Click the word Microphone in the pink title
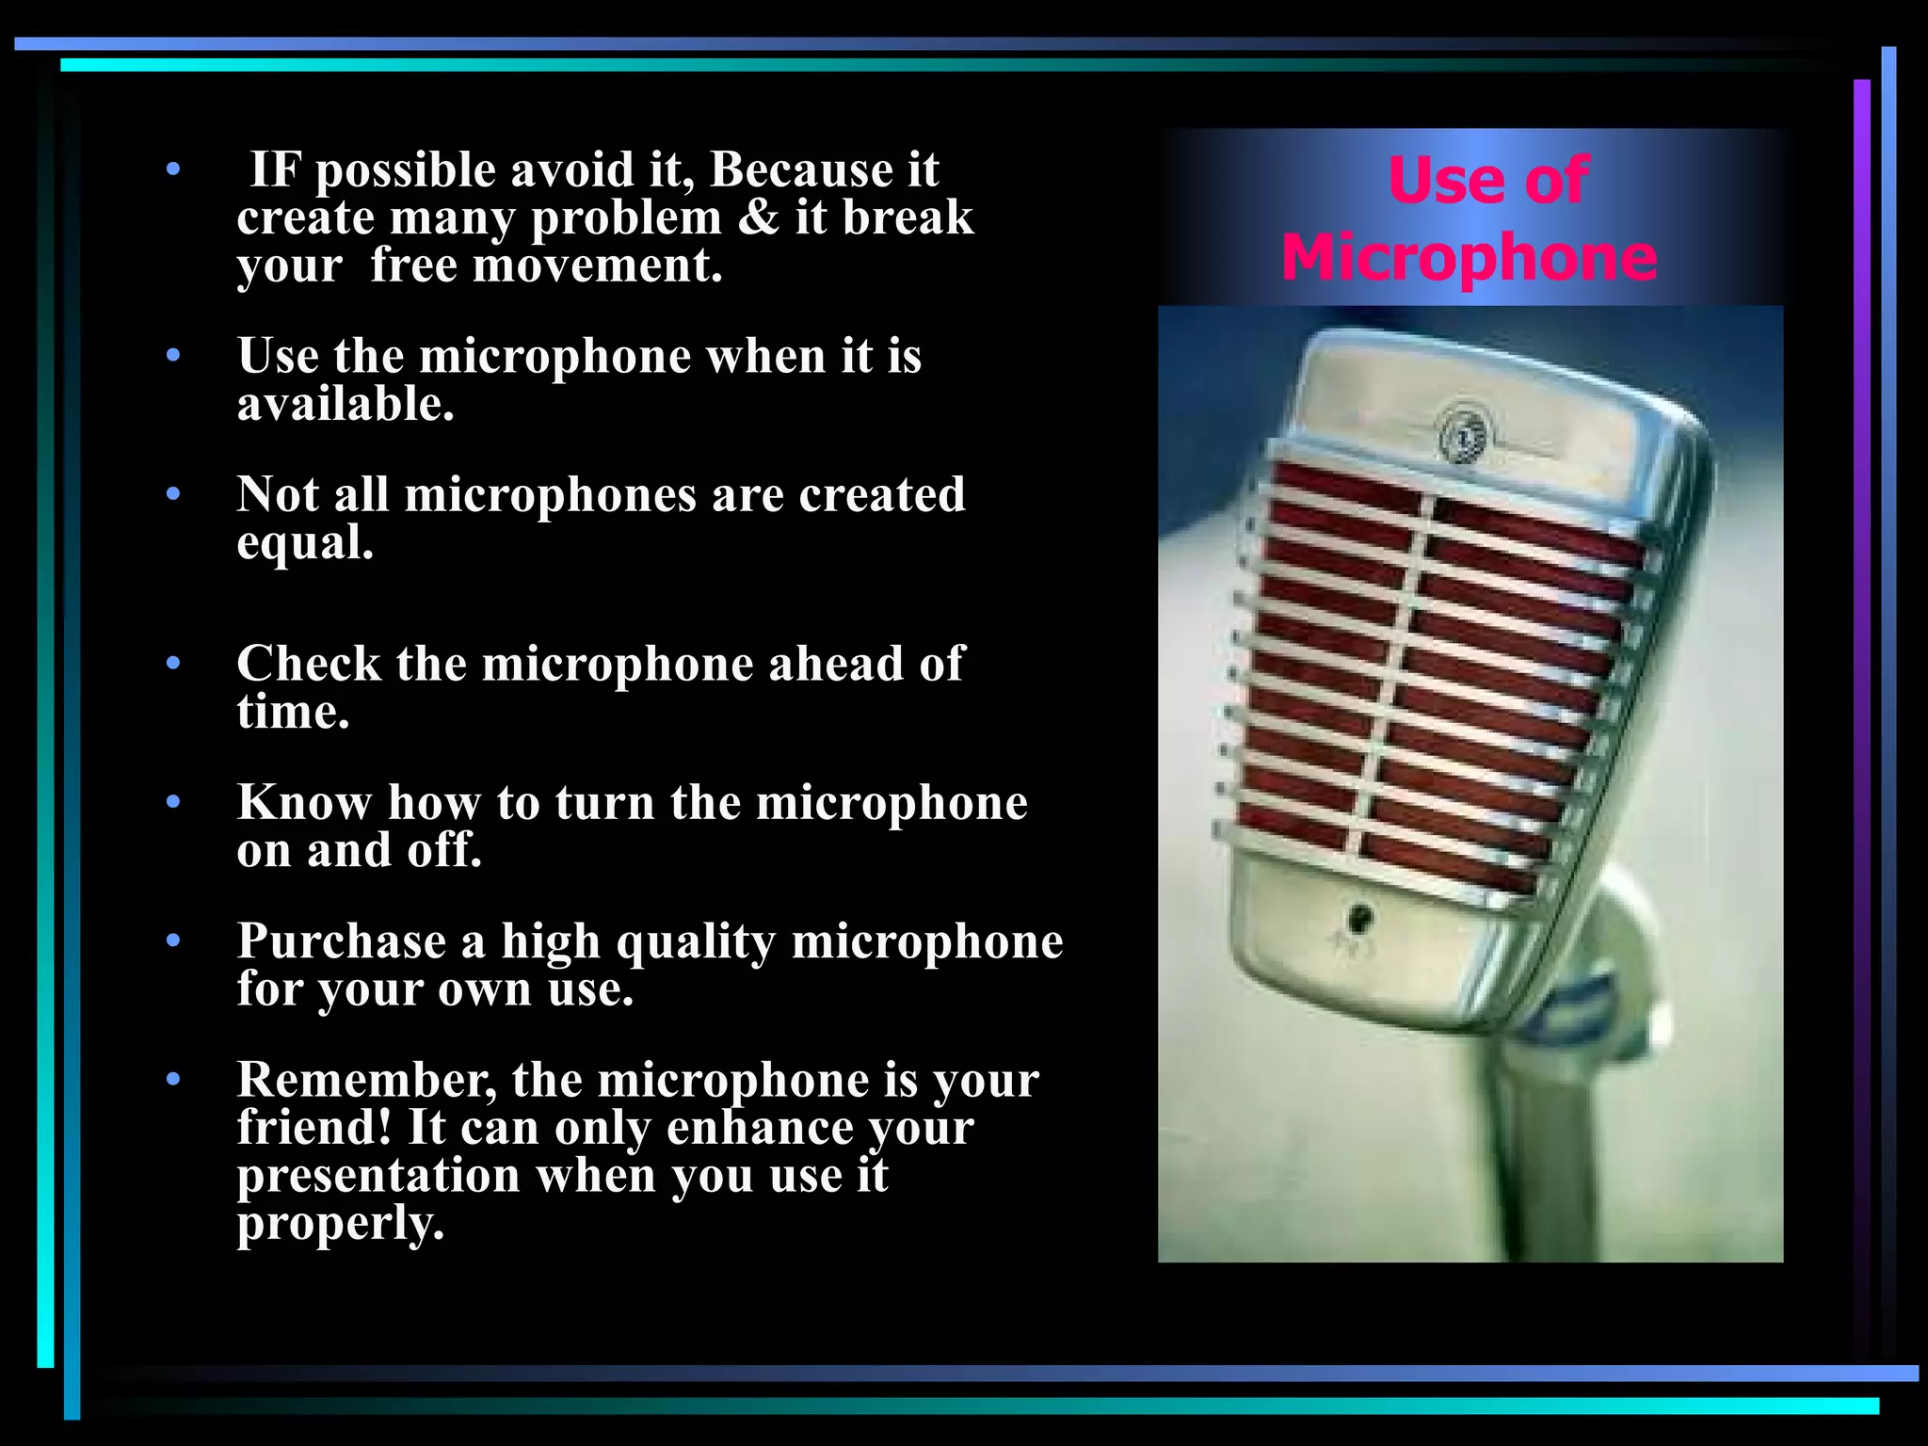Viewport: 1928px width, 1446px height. [x=1469, y=258]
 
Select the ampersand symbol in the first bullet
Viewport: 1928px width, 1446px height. [x=759, y=217]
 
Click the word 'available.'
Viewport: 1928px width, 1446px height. [x=345, y=405]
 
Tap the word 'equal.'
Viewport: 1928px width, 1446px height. [x=305, y=543]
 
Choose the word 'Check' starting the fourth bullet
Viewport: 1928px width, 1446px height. [x=309, y=664]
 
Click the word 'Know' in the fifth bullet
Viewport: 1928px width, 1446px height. [x=304, y=802]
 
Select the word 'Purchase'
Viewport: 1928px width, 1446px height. [x=342, y=940]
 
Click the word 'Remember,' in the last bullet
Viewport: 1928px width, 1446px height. [x=366, y=1080]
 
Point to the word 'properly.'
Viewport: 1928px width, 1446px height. [x=340, y=1224]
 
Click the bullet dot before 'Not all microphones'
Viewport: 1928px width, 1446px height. [x=172, y=494]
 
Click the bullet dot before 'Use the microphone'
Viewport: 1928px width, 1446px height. [x=172, y=356]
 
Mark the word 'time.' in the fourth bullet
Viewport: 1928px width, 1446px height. [x=293, y=713]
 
